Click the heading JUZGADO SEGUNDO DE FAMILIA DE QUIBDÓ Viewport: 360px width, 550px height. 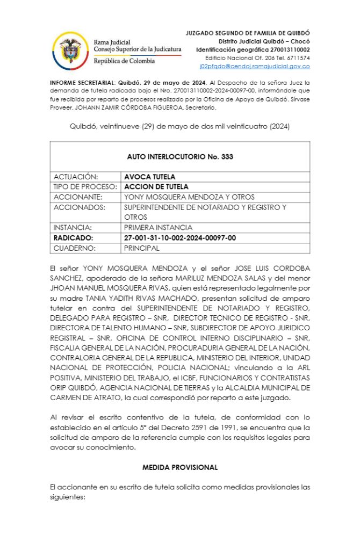pyautogui.click(x=248, y=33)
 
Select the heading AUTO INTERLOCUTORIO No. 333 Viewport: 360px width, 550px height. pyautogui.click(x=179, y=157)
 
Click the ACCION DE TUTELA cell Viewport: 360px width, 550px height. pyautogui.click(x=156, y=187)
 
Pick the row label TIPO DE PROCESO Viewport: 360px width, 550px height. pyautogui.click(x=85, y=187)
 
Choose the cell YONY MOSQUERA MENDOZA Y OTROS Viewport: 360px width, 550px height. pyautogui.click(x=189, y=197)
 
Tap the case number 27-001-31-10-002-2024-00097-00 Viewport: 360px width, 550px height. pyautogui.click(x=179, y=238)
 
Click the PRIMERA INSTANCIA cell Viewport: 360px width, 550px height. pyautogui.click(x=158, y=228)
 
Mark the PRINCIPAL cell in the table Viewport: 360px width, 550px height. pyautogui.click(x=141, y=248)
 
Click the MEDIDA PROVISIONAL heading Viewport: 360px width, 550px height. pyautogui.click(x=179, y=467)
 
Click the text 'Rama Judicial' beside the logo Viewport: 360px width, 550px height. pyautogui.click(x=112, y=42)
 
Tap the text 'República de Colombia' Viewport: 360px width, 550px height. pyautogui.click(x=124, y=61)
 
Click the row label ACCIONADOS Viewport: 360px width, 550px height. pyautogui.click(x=79, y=207)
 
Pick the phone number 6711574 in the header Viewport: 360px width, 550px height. pyautogui.click(x=297, y=58)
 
